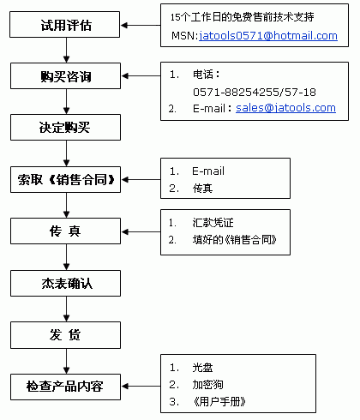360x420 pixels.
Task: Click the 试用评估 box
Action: coord(64,24)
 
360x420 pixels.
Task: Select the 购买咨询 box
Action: coord(65,75)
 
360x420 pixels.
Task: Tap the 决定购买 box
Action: coord(65,127)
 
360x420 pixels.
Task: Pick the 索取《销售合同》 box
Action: coord(65,179)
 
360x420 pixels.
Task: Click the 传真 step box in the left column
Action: coord(65,231)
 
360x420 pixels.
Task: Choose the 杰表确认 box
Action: coord(65,283)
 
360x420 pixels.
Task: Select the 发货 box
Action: coord(65,335)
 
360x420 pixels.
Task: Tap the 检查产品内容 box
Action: coord(65,387)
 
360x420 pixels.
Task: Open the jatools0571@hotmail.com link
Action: coord(268,36)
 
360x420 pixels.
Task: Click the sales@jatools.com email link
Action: coord(285,108)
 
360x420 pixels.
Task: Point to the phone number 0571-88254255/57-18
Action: coord(255,92)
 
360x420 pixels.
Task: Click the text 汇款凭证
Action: coord(213,223)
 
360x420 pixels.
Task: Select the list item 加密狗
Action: coord(207,385)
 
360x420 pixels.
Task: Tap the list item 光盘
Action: coord(202,368)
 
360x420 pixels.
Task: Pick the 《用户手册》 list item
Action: coord(219,402)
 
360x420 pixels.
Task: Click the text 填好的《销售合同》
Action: coord(235,240)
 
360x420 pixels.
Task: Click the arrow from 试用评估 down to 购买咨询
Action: coord(67,50)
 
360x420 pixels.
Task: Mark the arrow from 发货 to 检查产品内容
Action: coord(67,361)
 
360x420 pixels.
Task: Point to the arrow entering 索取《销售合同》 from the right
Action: coord(141,180)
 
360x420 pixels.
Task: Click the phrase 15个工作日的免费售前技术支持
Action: coord(242,17)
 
